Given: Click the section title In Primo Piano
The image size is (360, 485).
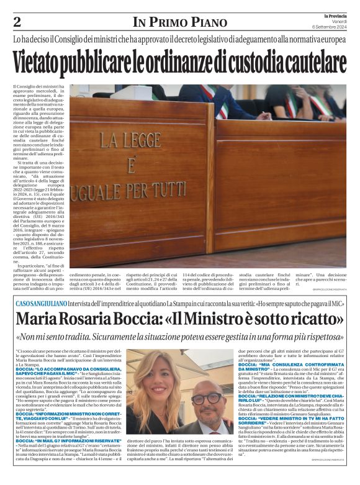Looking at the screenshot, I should (179, 23).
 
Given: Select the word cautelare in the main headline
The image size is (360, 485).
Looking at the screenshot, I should (310, 63).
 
